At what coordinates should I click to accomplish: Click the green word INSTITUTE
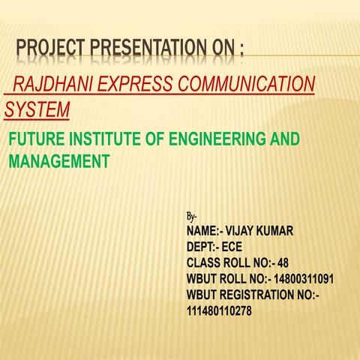109,139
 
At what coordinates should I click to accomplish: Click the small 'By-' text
192,216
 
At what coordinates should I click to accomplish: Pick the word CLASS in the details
203,262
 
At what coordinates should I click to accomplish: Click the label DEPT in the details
201,247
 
